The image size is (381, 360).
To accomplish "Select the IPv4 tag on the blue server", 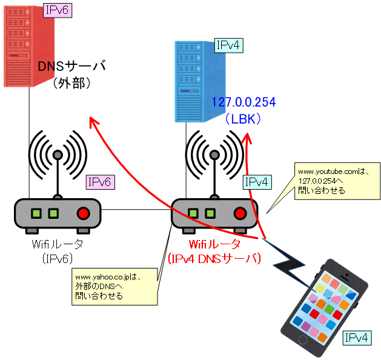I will tap(230, 45).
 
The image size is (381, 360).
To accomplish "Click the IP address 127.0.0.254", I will tap(244, 102).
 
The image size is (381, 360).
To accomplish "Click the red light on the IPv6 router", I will tap(83, 213).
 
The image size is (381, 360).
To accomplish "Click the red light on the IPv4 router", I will tap(240, 213).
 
